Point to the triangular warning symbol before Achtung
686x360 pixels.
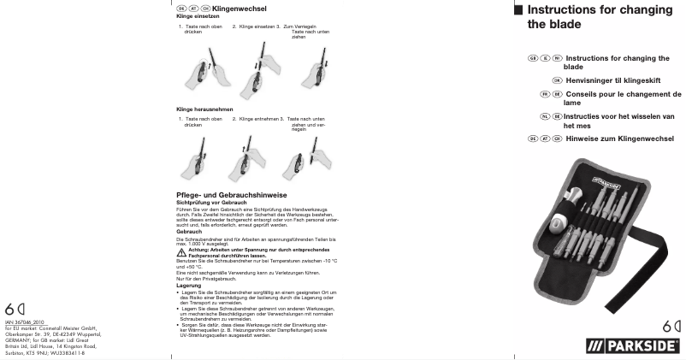tap(181, 251)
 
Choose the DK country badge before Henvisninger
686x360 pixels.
tap(557, 80)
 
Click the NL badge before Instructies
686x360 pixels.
tap(545, 115)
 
